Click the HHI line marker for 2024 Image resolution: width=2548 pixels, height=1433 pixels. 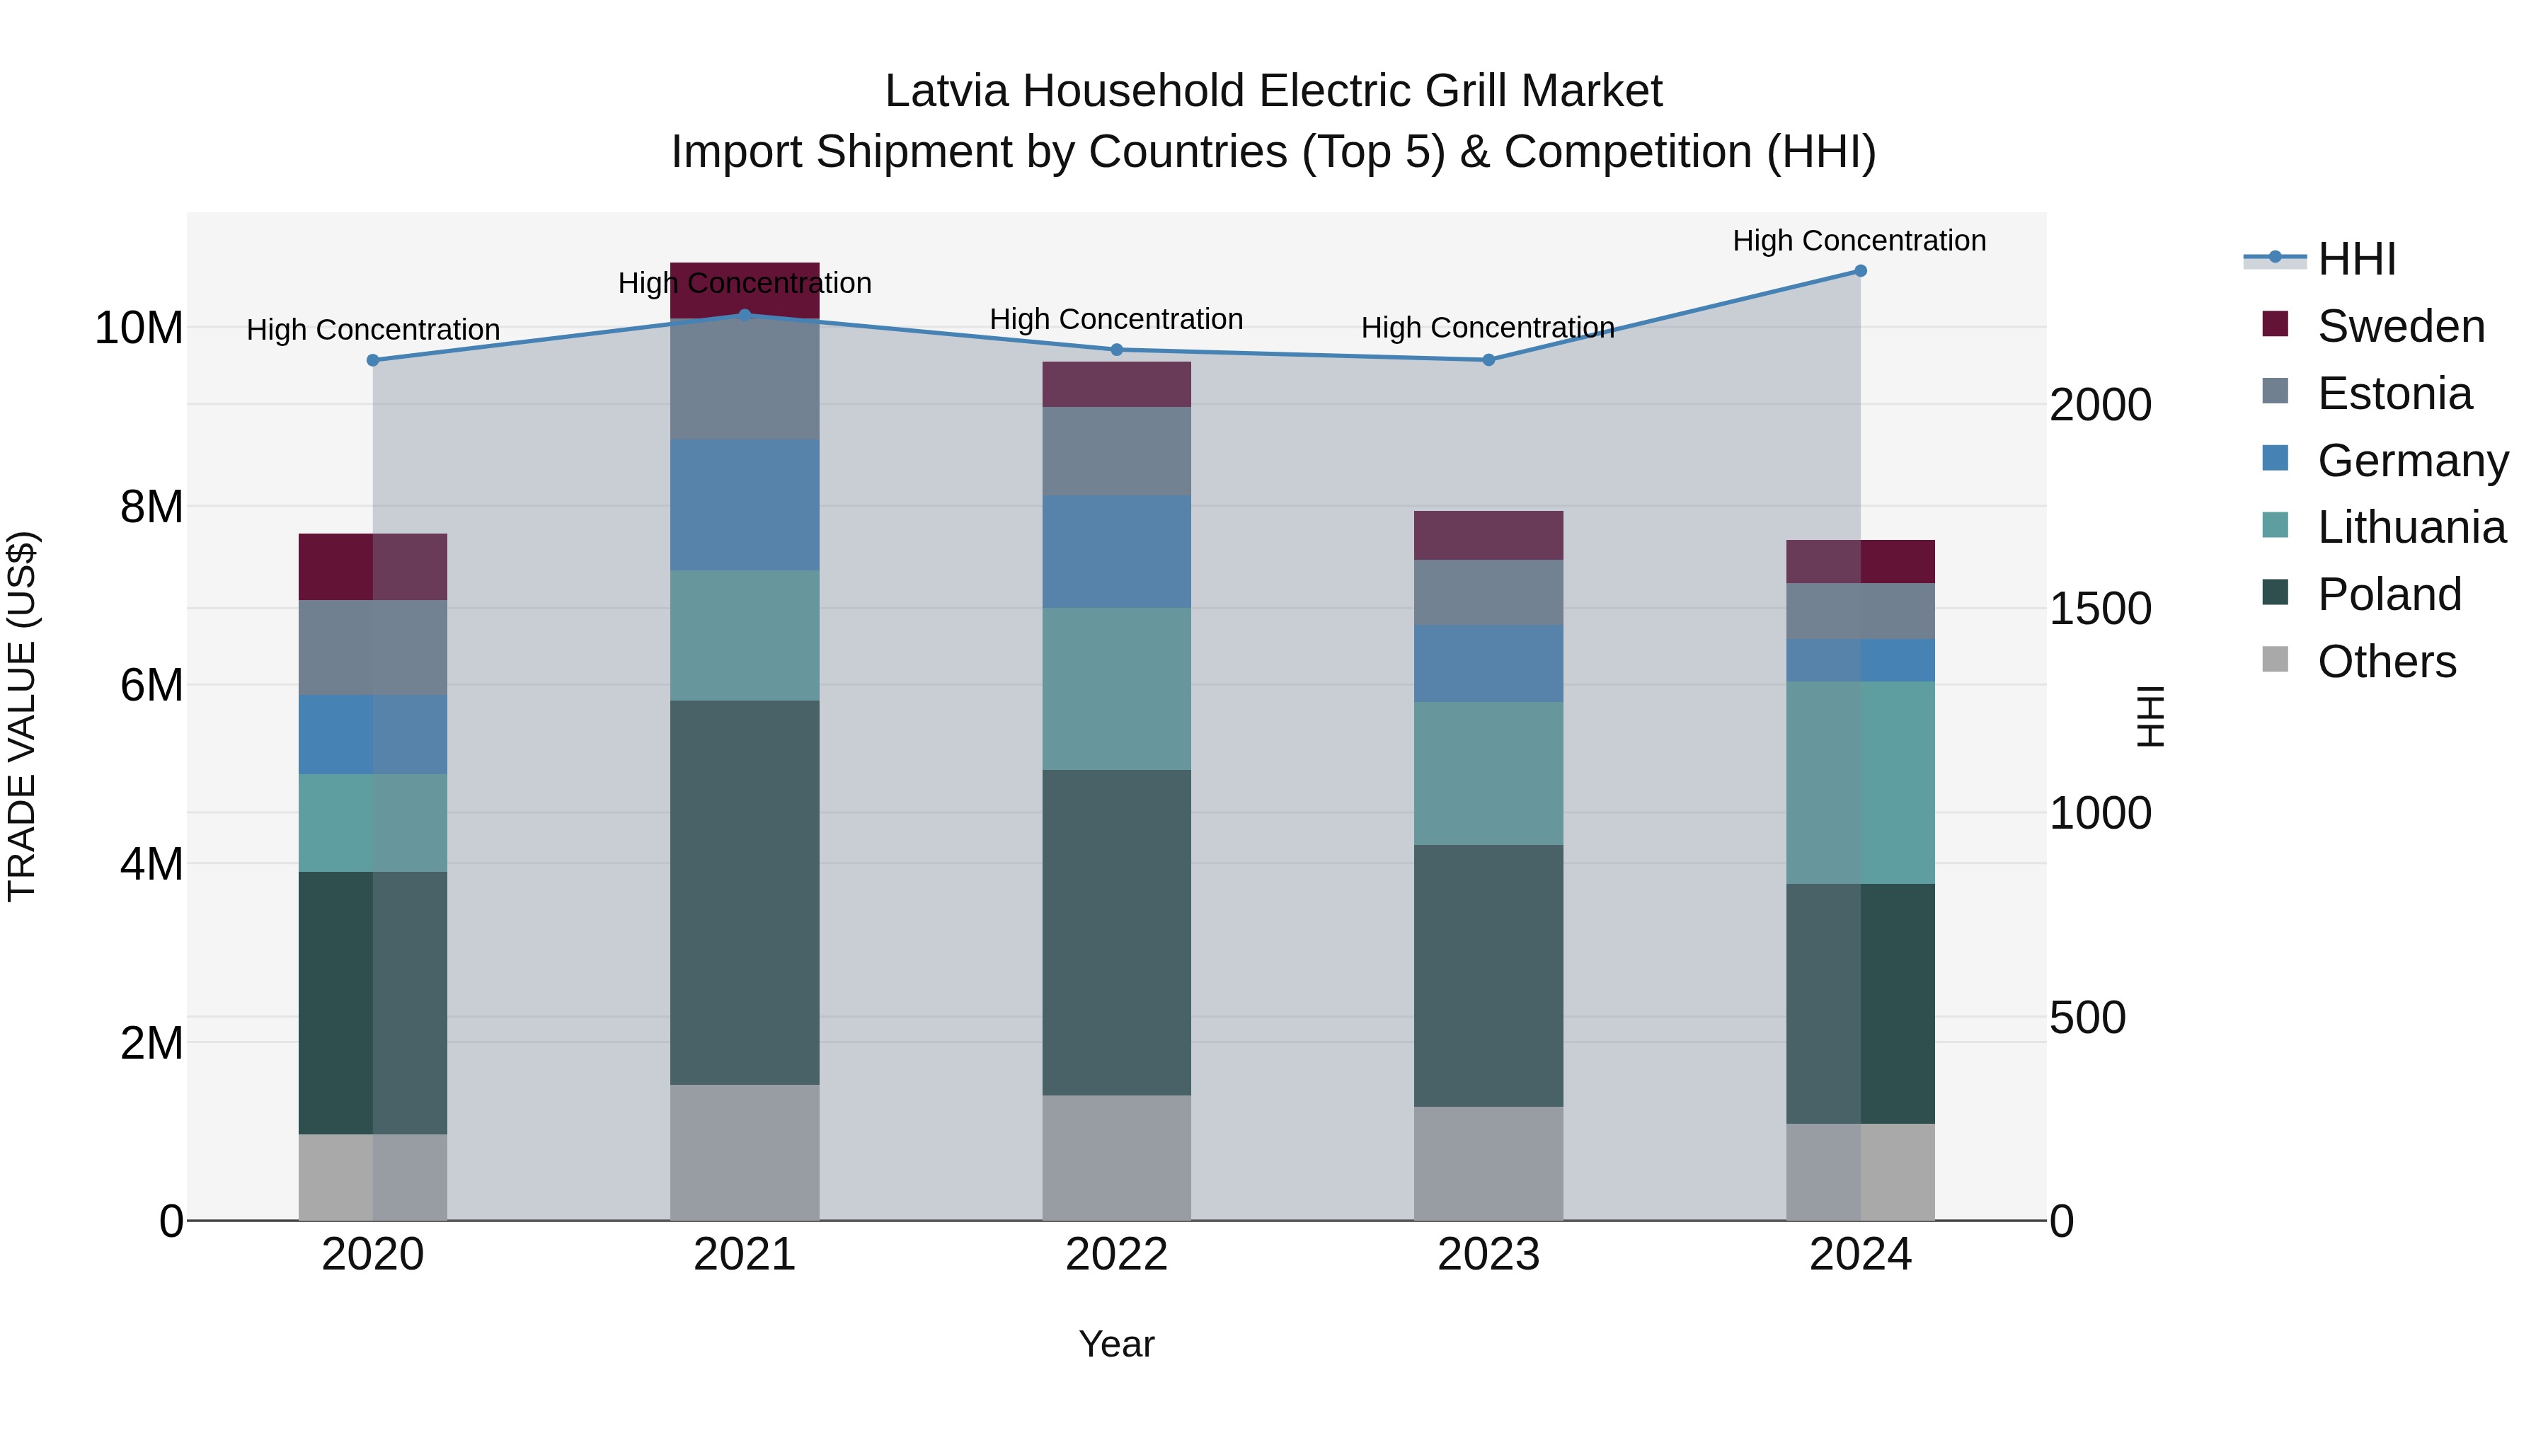pos(1859,271)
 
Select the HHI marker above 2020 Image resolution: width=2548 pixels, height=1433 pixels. pos(373,361)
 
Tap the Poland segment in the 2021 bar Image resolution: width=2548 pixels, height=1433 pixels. pos(745,892)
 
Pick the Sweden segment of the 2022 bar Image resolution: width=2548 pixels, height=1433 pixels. pos(1117,385)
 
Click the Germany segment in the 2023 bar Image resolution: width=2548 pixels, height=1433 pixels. pos(1488,664)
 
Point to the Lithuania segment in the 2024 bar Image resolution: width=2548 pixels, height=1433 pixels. pos(1859,782)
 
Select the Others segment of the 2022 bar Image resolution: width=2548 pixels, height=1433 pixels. pos(1117,1157)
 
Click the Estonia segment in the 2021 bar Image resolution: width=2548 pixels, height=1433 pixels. pos(745,381)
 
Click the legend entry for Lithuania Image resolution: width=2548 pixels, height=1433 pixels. pos(2411,527)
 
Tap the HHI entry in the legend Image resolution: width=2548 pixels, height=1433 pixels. pos(2356,259)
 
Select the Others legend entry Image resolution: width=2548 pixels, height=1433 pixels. pos(2386,662)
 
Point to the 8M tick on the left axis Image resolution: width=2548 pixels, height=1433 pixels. pos(151,507)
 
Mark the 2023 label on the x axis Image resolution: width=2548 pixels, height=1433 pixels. pos(1488,1255)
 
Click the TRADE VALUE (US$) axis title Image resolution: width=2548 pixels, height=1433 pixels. pos(22,716)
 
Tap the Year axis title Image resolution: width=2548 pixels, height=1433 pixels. pos(1117,1344)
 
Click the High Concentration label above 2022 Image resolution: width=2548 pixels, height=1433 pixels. pos(1117,319)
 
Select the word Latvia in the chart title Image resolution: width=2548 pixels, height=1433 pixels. pos(946,91)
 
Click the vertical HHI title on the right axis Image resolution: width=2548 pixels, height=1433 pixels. pos(2150,716)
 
